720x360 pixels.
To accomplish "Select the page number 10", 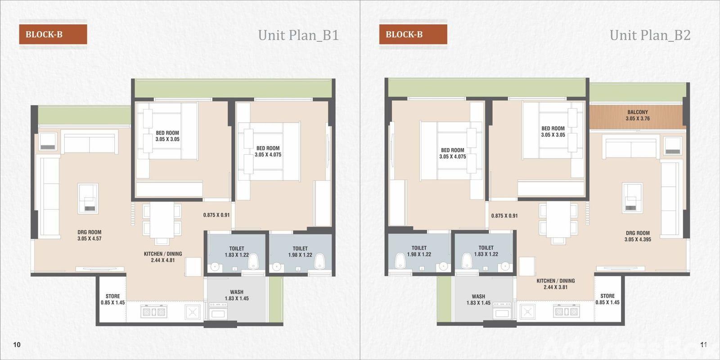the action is (x=17, y=345).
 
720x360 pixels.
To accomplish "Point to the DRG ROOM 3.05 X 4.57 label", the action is (x=90, y=235).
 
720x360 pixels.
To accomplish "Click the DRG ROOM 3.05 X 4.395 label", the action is (x=638, y=236).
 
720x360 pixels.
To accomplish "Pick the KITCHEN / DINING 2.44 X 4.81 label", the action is (x=163, y=257).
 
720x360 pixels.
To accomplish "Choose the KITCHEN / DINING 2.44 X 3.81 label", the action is (x=556, y=284).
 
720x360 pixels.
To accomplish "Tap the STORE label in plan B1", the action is (x=112, y=299).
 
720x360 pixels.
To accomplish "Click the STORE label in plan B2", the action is (x=607, y=299).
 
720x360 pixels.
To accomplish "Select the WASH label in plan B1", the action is (x=237, y=295).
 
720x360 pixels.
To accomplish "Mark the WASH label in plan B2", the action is (x=478, y=300).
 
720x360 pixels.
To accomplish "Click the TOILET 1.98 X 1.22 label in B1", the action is (x=300, y=252).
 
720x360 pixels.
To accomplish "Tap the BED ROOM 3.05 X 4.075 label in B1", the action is (x=268, y=151).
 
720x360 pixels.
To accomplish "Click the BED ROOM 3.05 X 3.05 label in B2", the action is (x=553, y=131).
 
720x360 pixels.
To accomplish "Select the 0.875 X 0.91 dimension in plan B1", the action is (x=216, y=215).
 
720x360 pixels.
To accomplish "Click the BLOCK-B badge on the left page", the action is (x=53, y=34).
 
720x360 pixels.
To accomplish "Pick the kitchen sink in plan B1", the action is (x=193, y=312).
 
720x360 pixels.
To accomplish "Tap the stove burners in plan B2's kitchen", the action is (x=567, y=311).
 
